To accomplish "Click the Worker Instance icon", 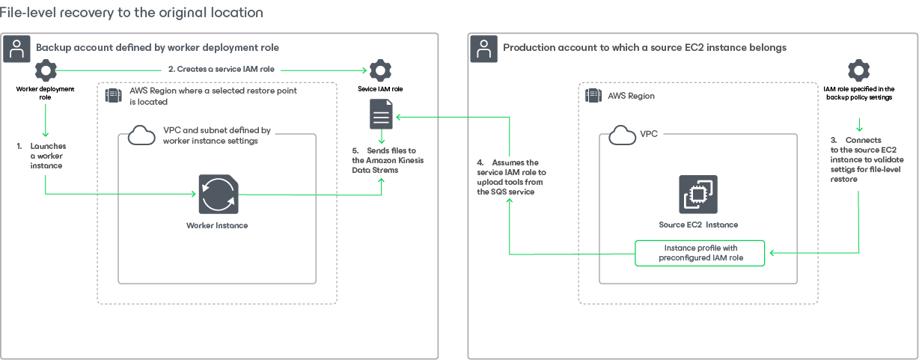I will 219,195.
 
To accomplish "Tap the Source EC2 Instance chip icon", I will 697,195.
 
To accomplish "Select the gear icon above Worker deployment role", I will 46,71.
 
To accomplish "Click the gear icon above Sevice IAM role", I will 381,71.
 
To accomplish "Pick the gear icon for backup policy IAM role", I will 858,71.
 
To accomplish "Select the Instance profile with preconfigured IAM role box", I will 700,253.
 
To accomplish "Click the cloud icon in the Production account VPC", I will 622,135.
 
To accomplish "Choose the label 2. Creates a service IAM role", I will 221,69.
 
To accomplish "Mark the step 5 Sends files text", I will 386,160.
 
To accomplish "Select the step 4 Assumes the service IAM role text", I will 511,177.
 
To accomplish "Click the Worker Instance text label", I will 217,225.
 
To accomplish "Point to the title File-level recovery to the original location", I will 132,13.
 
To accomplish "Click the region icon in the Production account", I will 593,96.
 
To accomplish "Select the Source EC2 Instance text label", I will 697,225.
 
